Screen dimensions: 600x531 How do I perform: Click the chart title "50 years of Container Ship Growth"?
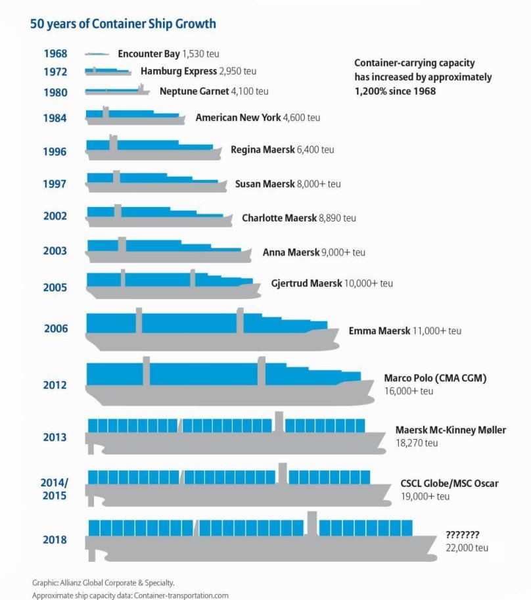pyautogui.click(x=123, y=24)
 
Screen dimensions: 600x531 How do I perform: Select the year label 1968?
pyautogui.click(x=55, y=54)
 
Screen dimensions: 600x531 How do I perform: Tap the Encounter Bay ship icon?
pyautogui.click(x=97, y=54)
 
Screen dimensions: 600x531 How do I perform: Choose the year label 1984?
pyautogui.click(x=55, y=118)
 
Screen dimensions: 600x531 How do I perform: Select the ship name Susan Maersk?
pyautogui.click(x=265, y=184)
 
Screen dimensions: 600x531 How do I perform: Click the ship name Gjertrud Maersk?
pyautogui.click(x=306, y=284)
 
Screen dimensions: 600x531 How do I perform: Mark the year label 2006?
pyautogui.click(x=56, y=329)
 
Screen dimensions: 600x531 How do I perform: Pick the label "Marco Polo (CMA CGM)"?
pyautogui.click(x=435, y=379)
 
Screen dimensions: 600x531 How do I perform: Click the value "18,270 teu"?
pyautogui.click(x=417, y=443)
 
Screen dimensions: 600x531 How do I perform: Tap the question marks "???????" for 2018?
pyautogui.click(x=463, y=534)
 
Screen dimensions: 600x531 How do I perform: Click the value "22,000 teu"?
pyautogui.click(x=467, y=547)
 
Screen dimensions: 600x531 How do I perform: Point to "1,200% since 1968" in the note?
pyautogui.click(x=395, y=91)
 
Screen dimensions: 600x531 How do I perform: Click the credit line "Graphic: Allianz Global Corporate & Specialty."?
pyautogui.click(x=103, y=582)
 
